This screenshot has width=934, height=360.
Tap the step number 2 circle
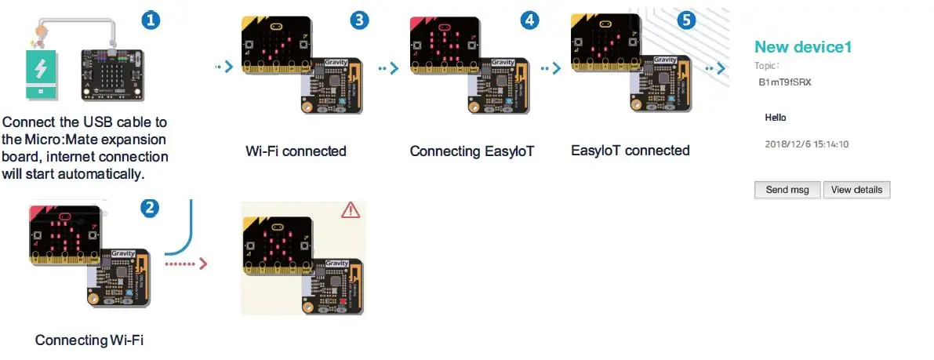click(151, 208)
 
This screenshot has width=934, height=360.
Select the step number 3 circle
click(359, 21)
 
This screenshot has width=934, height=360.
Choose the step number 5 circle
click(686, 21)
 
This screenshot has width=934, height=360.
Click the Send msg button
click(787, 190)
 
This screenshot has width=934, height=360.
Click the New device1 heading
click(803, 47)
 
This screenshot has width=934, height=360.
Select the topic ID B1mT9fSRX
click(785, 82)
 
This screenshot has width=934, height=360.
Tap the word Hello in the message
click(776, 118)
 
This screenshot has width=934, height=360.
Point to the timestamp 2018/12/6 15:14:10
click(807, 144)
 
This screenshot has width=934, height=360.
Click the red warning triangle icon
click(350, 209)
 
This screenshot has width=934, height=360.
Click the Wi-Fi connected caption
click(296, 151)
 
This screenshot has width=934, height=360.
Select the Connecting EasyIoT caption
click(471, 151)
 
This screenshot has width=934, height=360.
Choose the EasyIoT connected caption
click(631, 150)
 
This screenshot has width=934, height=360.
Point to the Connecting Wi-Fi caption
click(89, 340)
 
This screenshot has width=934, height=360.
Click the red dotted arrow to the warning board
click(187, 264)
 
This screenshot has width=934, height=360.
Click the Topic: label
click(767, 67)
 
